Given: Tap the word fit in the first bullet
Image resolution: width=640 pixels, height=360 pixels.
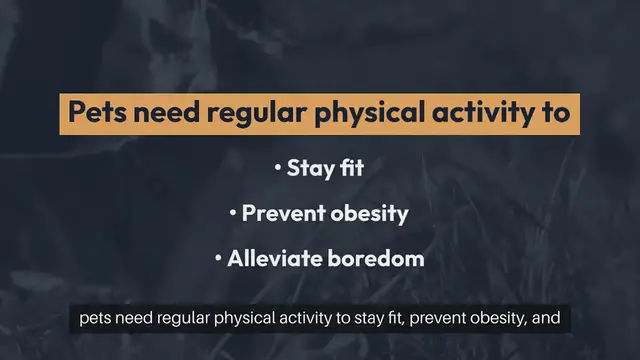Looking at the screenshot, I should point(350,167).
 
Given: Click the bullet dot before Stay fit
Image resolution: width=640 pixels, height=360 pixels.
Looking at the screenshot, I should point(278,168).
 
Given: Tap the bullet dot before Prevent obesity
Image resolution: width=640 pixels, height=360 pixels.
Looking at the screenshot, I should point(233,214).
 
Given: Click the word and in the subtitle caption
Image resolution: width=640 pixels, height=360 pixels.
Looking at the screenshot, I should point(556,322).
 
